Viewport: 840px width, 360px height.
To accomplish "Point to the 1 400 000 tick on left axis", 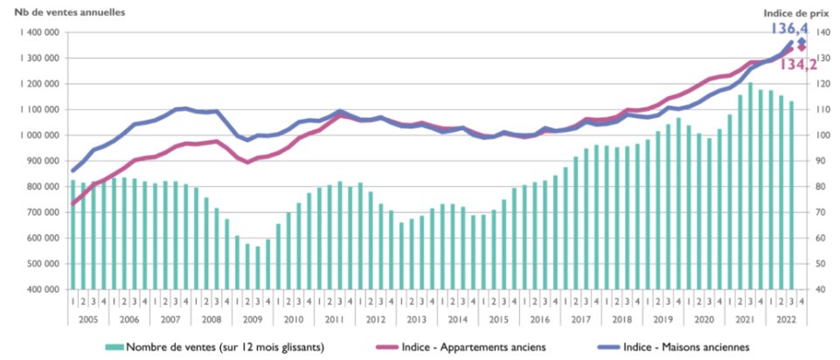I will click(37, 32).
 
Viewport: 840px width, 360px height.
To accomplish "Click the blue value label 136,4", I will click(789, 29).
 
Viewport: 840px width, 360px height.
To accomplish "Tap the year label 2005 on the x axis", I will click(88, 319).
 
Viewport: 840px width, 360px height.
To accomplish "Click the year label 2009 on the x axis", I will click(253, 319).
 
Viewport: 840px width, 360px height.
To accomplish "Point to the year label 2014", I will click(458, 319).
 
